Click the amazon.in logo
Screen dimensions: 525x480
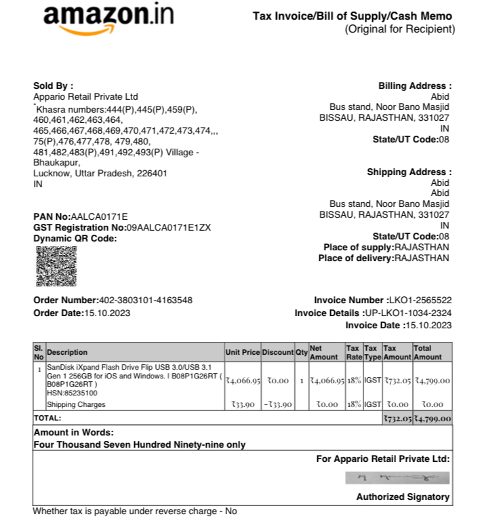(108, 18)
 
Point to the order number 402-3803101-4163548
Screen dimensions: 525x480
(146, 300)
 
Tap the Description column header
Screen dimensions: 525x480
(67, 352)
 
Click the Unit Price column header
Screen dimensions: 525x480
(242, 352)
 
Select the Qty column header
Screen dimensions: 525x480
(301, 352)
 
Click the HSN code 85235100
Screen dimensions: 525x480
(79, 393)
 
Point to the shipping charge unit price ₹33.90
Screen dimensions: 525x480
(242, 405)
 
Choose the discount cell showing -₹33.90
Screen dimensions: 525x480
(277, 405)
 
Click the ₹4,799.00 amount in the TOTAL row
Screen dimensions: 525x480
(432, 419)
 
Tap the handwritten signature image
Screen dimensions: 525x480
(397, 478)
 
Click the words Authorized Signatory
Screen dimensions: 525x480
(403, 497)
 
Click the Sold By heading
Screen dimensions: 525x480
(53, 85)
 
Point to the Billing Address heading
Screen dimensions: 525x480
(414, 85)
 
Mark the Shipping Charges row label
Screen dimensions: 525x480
(76, 405)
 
